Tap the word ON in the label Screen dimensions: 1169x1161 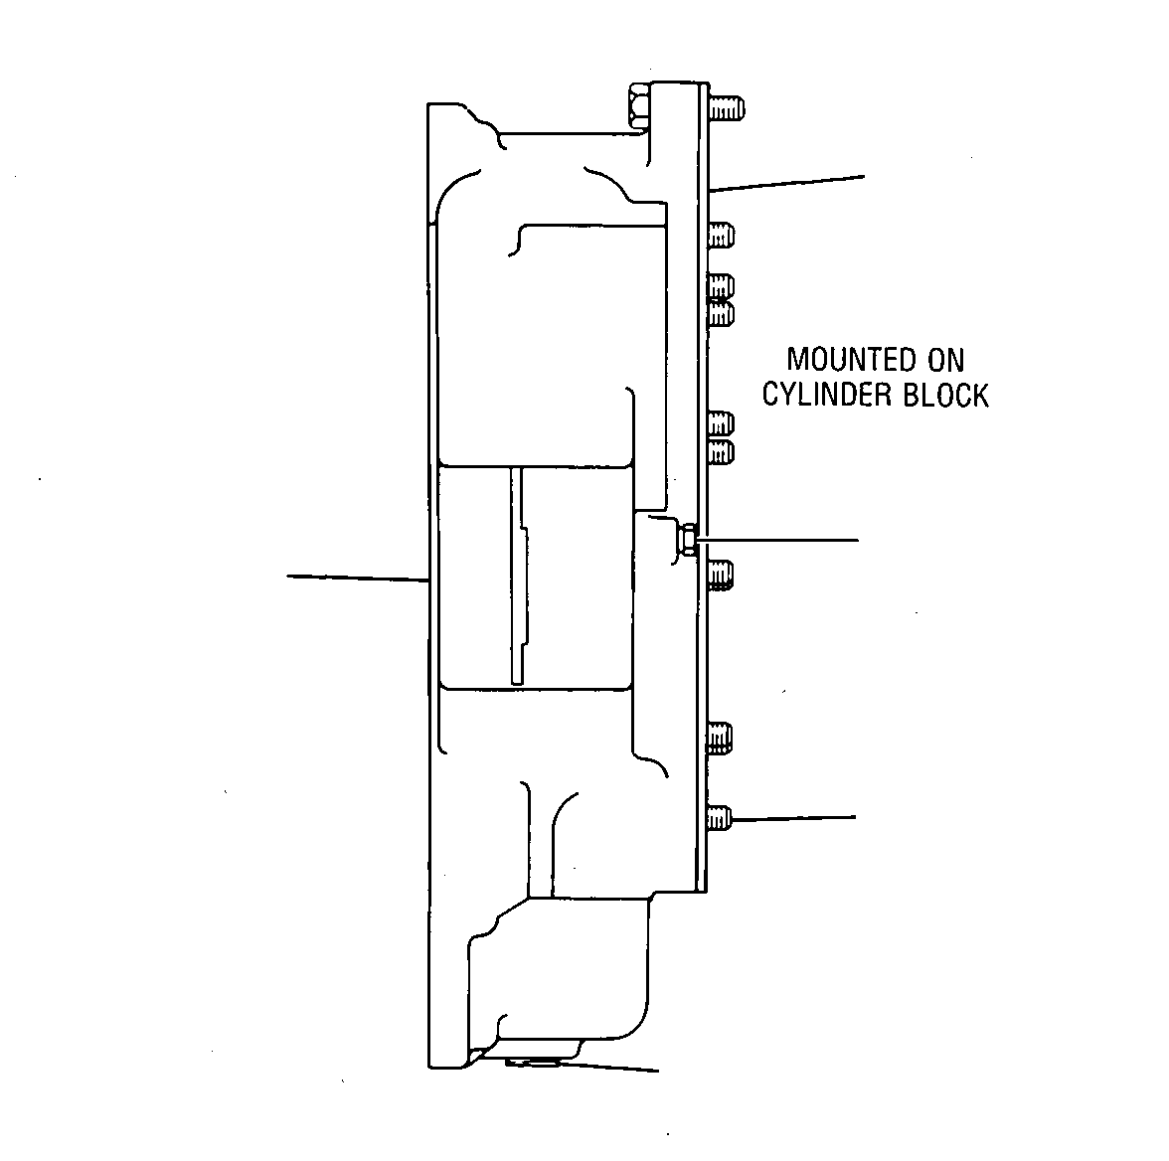click(x=946, y=360)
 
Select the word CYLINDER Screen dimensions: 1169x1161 click(x=826, y=396)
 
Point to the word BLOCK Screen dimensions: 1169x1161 click(x=946, y=396)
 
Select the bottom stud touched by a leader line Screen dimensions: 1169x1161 click(x=720, y=819)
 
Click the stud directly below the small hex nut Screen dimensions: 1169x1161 click(x=721, y=575)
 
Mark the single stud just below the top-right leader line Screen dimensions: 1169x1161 click(x=721, y=236)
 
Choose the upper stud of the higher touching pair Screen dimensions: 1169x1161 click(x=721, y=286)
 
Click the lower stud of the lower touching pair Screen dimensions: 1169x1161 click(x=721, y=452)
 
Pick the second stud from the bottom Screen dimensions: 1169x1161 click(x=720, y=739)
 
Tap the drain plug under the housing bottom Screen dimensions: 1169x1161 click(x=531, y=1062)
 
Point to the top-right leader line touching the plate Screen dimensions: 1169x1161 click(x=787, y=184)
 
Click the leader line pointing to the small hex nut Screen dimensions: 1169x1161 click(x=777, y=539)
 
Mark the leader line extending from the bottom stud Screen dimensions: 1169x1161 click(x=795, y=819)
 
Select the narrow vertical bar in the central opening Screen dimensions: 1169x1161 click(x=517, y=576)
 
